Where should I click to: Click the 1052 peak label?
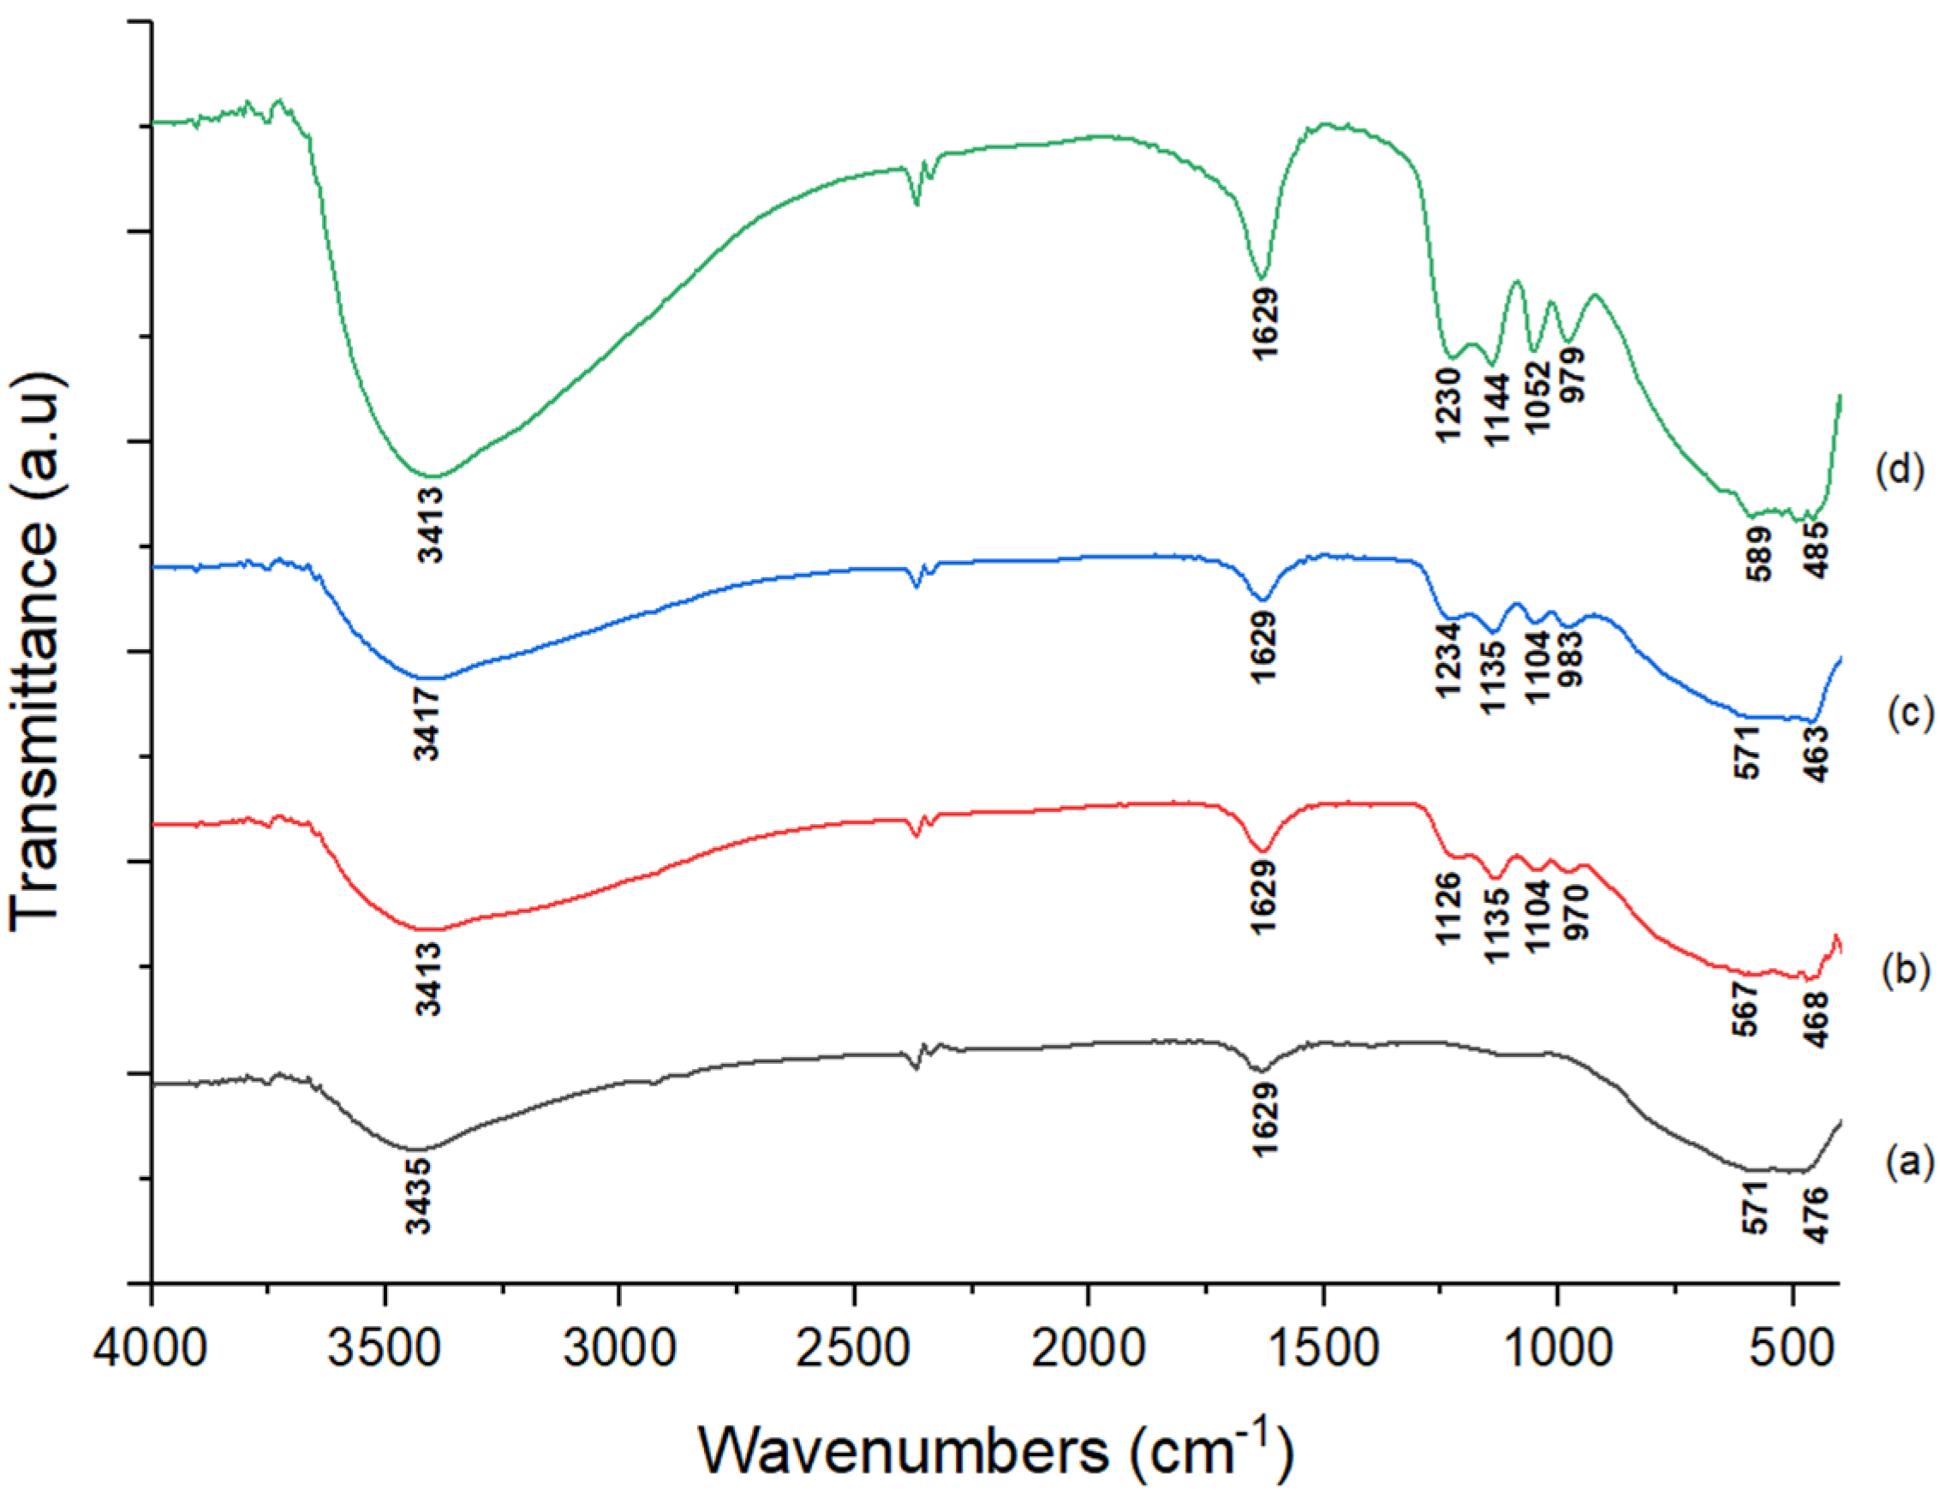coord(1537,396)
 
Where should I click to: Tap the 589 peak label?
coord(1758,553)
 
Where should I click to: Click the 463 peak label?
coord(1818,754)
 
